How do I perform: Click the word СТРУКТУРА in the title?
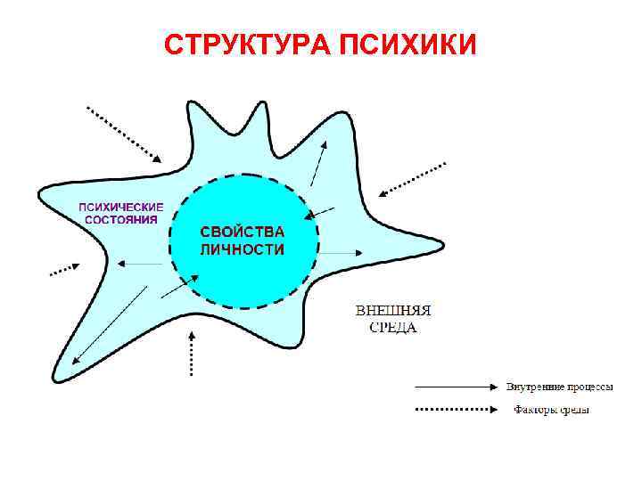tap(247, 44)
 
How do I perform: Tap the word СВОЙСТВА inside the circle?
tap(242, 232)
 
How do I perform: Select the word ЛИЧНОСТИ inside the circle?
tap(242, 249)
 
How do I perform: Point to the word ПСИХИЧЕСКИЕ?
tap(121, 206)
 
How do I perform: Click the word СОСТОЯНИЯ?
tap(121, 218)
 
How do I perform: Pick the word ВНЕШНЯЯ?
tap(393, 311)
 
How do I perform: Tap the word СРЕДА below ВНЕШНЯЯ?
tap(393, 327)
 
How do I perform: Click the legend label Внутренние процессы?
tap(559, 387)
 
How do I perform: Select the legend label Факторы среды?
tap(552, 410)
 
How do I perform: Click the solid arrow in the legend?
tap(455, 387)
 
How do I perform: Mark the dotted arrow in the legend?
tap(455, 410)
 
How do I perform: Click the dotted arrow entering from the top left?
tap(124, 134)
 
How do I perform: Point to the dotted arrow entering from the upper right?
tap(412, 178)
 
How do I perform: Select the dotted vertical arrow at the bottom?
tap(192, 354)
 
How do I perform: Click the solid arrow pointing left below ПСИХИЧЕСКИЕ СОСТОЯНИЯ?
tap(143, 264)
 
